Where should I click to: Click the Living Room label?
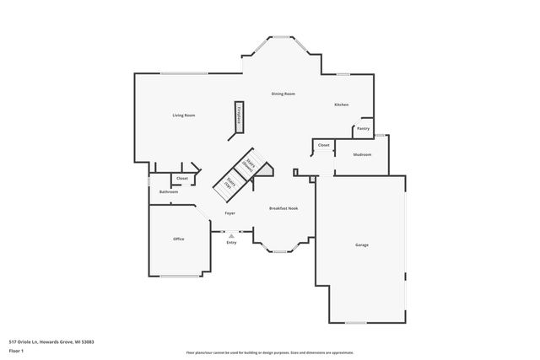click(x=184, y=115)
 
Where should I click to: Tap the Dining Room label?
click(x=283, y=94)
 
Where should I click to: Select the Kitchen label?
click(x=341, y=105)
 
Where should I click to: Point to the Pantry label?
click(x=363, y=129)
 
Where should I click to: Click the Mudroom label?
click(x=363, y=154)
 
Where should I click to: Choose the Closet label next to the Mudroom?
click(x=323, y=146)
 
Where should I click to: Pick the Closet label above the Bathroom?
click(x=181, y=178)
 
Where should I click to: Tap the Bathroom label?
click(x=169, y=192)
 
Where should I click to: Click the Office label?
click(x=178, y=239)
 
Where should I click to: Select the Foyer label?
click(x=229, y=213)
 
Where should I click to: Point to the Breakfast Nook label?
click(x=283, y=208)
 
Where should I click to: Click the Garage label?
click(x=361, y=244)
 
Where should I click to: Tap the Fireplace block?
click(x=238, y=117)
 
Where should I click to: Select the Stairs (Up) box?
click(x=229, y=184)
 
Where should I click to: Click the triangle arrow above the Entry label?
click(x=230, y=236)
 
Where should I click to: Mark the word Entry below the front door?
click(x=230, y=243)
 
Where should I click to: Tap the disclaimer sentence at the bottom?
click(x=269, y=352)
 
